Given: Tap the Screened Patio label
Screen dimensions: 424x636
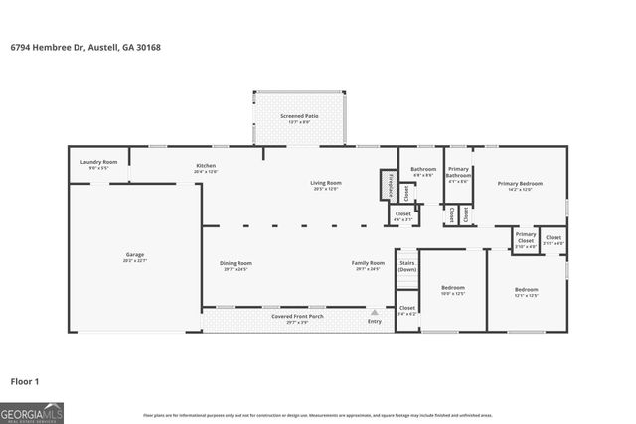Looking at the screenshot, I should (299, 116).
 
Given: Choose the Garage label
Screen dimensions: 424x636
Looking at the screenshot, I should (134, 258).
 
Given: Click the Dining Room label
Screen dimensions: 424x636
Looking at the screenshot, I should (236, 265).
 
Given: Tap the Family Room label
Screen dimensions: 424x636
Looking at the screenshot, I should (367, 265).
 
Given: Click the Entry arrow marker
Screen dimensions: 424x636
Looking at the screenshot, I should (375, 312).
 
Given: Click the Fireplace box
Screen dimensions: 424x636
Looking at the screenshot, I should (390, 185).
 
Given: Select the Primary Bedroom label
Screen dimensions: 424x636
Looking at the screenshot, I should (521, 185).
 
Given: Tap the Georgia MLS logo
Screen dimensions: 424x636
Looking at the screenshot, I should (32, 411).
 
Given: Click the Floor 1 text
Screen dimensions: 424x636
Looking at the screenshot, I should (24, 380).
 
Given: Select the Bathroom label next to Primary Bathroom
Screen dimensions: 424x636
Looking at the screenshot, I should (423, 171).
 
